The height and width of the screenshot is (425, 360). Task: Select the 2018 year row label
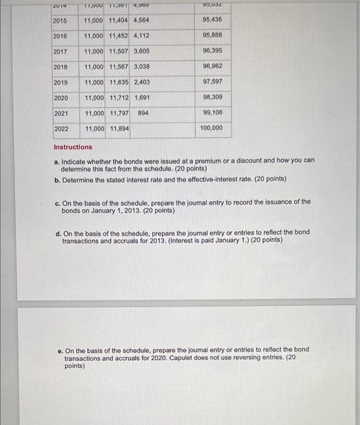click(x=60, y=67)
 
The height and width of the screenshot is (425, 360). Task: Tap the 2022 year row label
click(x=61, y=129)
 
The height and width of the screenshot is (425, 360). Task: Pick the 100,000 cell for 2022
click(x=212, y=128)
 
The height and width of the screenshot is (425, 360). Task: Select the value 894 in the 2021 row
click(x=143, y=113)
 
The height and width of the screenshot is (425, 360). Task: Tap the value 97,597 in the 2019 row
click(x=212, y=82)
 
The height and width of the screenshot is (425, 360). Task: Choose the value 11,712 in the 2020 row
click(x=119, y=98)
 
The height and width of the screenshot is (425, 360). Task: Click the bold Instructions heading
click(x=73, y=147)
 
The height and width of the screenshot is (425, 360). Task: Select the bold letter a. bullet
click(x=56, y=161)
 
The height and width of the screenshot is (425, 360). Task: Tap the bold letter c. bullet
click(x=56, y=202)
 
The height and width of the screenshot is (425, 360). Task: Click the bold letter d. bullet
click(x=57, y=233)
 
